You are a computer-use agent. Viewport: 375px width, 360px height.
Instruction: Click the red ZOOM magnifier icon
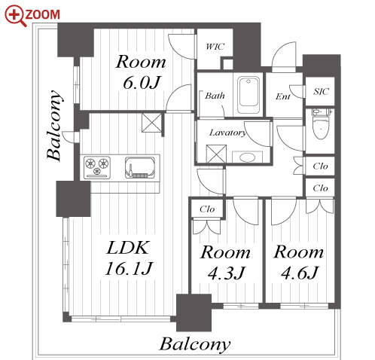tap(15, 15)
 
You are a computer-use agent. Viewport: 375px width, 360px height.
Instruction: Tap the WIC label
tap(215, 47)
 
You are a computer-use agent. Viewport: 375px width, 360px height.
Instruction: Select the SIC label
tap(321, 91)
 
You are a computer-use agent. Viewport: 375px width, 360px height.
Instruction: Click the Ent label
tap(283, 96)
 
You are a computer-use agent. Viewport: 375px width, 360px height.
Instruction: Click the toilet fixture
tap(321, 124)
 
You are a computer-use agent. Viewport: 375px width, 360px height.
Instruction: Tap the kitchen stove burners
tap(97, 167)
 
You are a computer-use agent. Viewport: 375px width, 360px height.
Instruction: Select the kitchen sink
tap(140, 168)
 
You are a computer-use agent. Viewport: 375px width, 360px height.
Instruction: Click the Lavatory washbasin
tap(247, 157)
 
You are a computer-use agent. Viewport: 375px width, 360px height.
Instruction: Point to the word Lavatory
tap(228, 133)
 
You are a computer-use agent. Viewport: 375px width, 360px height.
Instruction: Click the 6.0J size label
tap(142, 82)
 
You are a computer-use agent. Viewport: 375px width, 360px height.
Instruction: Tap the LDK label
tap(128, 248)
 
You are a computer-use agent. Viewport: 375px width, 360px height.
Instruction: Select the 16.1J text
tap(129, 268)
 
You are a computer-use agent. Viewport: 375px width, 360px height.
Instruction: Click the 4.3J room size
tap(226, 273)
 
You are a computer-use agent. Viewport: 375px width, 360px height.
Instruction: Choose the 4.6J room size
tap(300, 273)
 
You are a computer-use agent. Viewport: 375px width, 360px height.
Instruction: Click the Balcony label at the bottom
tap(195, 344)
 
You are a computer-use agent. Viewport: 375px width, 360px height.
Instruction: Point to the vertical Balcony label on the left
tap(54, 125)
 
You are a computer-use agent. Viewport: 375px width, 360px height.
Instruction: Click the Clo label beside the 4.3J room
tap(207, 209)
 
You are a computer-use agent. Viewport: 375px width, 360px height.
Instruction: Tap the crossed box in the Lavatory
tap(216, 154)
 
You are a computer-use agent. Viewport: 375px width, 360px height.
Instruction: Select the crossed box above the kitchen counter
tap(151, 123)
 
